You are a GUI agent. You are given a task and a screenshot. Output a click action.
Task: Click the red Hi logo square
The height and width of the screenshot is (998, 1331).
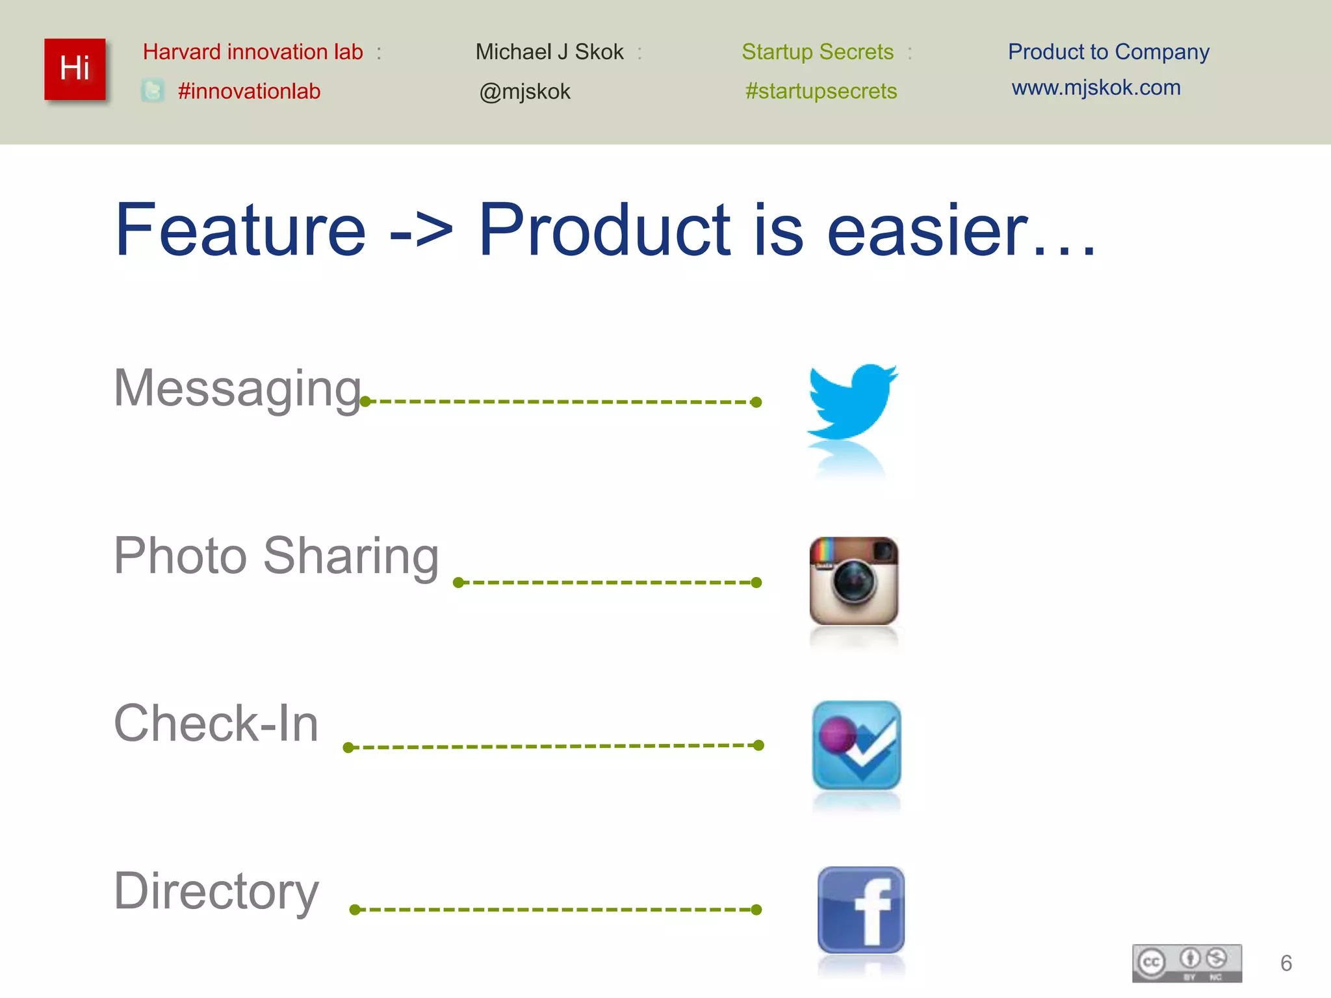coord(75,69)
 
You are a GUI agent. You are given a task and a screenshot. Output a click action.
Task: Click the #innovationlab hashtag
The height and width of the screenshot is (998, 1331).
coord(249,91)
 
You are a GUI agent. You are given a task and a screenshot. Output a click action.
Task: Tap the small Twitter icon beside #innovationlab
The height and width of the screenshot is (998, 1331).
coord(153,90)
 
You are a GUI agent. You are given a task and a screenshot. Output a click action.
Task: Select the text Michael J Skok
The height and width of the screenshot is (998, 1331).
coord(549,52)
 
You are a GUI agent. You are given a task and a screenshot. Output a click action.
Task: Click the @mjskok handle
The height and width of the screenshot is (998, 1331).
coord(524,92)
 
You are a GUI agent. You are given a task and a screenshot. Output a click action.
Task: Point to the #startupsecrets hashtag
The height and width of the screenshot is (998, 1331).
coord(821,91)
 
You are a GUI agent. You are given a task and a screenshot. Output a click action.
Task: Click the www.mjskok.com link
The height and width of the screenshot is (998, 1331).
coord(1096,88)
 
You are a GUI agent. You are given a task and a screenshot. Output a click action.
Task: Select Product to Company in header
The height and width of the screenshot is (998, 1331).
coord(1108,52)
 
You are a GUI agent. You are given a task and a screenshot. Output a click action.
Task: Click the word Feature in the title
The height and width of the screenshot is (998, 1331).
coord(240,230)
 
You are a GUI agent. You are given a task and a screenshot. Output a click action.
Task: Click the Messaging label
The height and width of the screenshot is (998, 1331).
coord(237,388)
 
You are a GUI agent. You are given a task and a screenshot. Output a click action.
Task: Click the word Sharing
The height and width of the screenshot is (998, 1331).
coord(351,556)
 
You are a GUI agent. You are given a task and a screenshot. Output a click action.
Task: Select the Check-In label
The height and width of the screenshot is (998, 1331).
coord(216,723)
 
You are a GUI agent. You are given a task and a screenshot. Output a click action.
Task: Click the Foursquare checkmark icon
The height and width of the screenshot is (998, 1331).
coord(857,745)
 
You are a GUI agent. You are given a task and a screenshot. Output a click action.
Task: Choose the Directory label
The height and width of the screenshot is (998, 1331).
coord(216,891)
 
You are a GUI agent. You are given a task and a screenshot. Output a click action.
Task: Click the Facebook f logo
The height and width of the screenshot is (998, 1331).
coord(860,910)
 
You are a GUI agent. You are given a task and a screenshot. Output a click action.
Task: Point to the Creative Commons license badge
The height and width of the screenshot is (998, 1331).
coord(1187,963)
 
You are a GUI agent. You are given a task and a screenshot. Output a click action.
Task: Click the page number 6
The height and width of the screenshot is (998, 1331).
coord(1286,963)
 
